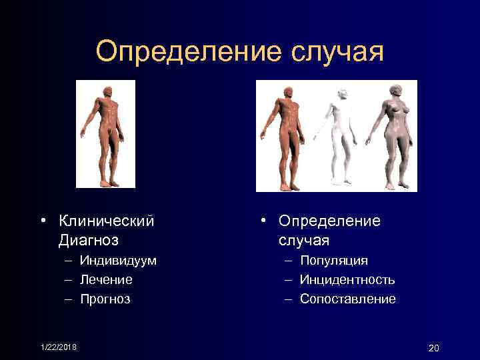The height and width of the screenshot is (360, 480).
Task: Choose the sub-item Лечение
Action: pyautogui.click(x=106, y=279)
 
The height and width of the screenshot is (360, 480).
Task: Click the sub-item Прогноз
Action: pyautogui.click(x=105, y=299)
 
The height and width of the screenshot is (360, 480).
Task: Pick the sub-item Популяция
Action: pyautogui.click(x=333, y=260)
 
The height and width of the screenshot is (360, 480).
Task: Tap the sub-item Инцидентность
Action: pyautogui.click(x=347, y=279)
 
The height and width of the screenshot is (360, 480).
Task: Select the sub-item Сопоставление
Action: pyautogui.click(x=347, y=299)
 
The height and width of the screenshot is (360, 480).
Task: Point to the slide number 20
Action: pyautogui.click(x=434, y=348)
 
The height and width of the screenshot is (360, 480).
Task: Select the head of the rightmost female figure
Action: pyautogui.click(x=395, y=91)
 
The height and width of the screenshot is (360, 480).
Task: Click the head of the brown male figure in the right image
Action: pyautogui.click(x=287, y=92)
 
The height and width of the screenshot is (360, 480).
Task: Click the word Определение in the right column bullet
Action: pyautogui.click(x=329, y=220)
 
